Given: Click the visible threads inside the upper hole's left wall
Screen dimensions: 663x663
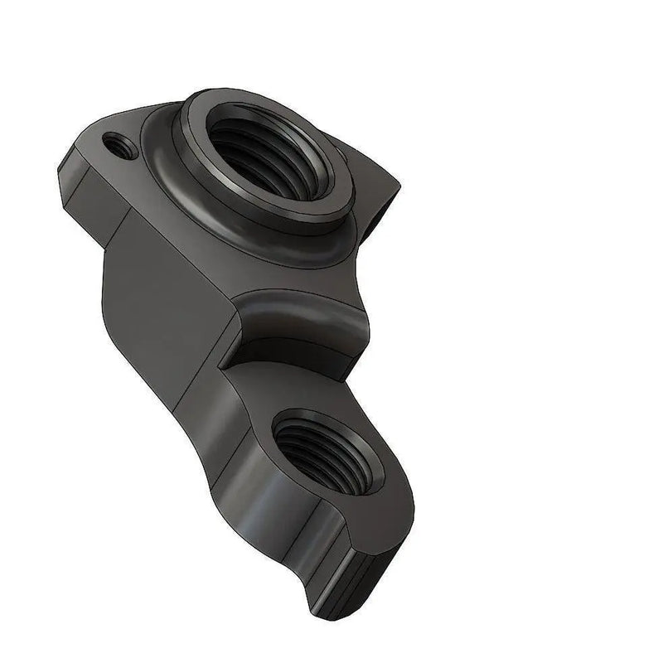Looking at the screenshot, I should coord(220,153).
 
